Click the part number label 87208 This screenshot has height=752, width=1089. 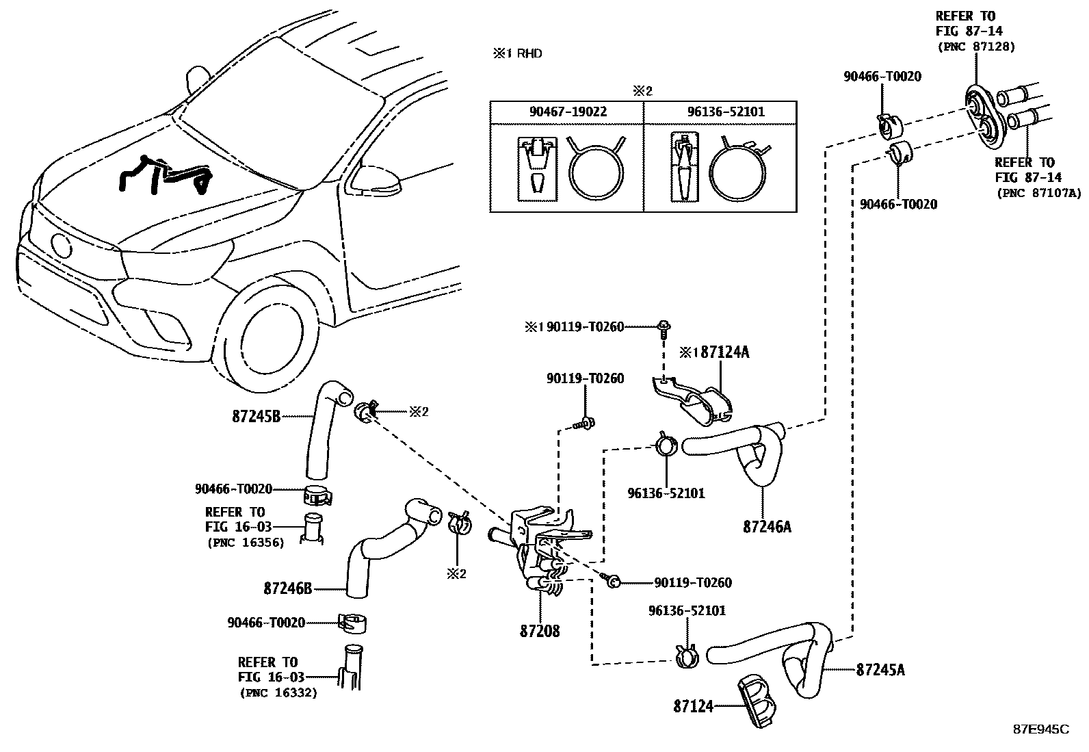(540, 631)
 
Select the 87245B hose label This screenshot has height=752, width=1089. (257, 417)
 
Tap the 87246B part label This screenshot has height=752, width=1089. (288, 588)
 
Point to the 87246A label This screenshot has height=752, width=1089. (767, 526)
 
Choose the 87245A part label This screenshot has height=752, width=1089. (880, 670)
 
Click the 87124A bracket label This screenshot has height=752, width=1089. (725, 352)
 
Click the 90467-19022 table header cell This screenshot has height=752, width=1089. (568, 112)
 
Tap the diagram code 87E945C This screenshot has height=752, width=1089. (1041, 729)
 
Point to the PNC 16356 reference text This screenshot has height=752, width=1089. (246, 543)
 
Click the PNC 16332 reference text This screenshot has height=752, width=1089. (278, 692)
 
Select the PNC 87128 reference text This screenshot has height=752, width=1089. (976, 47)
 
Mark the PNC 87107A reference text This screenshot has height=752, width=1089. (1039, 193)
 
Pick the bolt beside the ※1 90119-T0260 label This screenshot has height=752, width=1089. (663, 329)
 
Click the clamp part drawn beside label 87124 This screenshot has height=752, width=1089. (757, 701)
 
